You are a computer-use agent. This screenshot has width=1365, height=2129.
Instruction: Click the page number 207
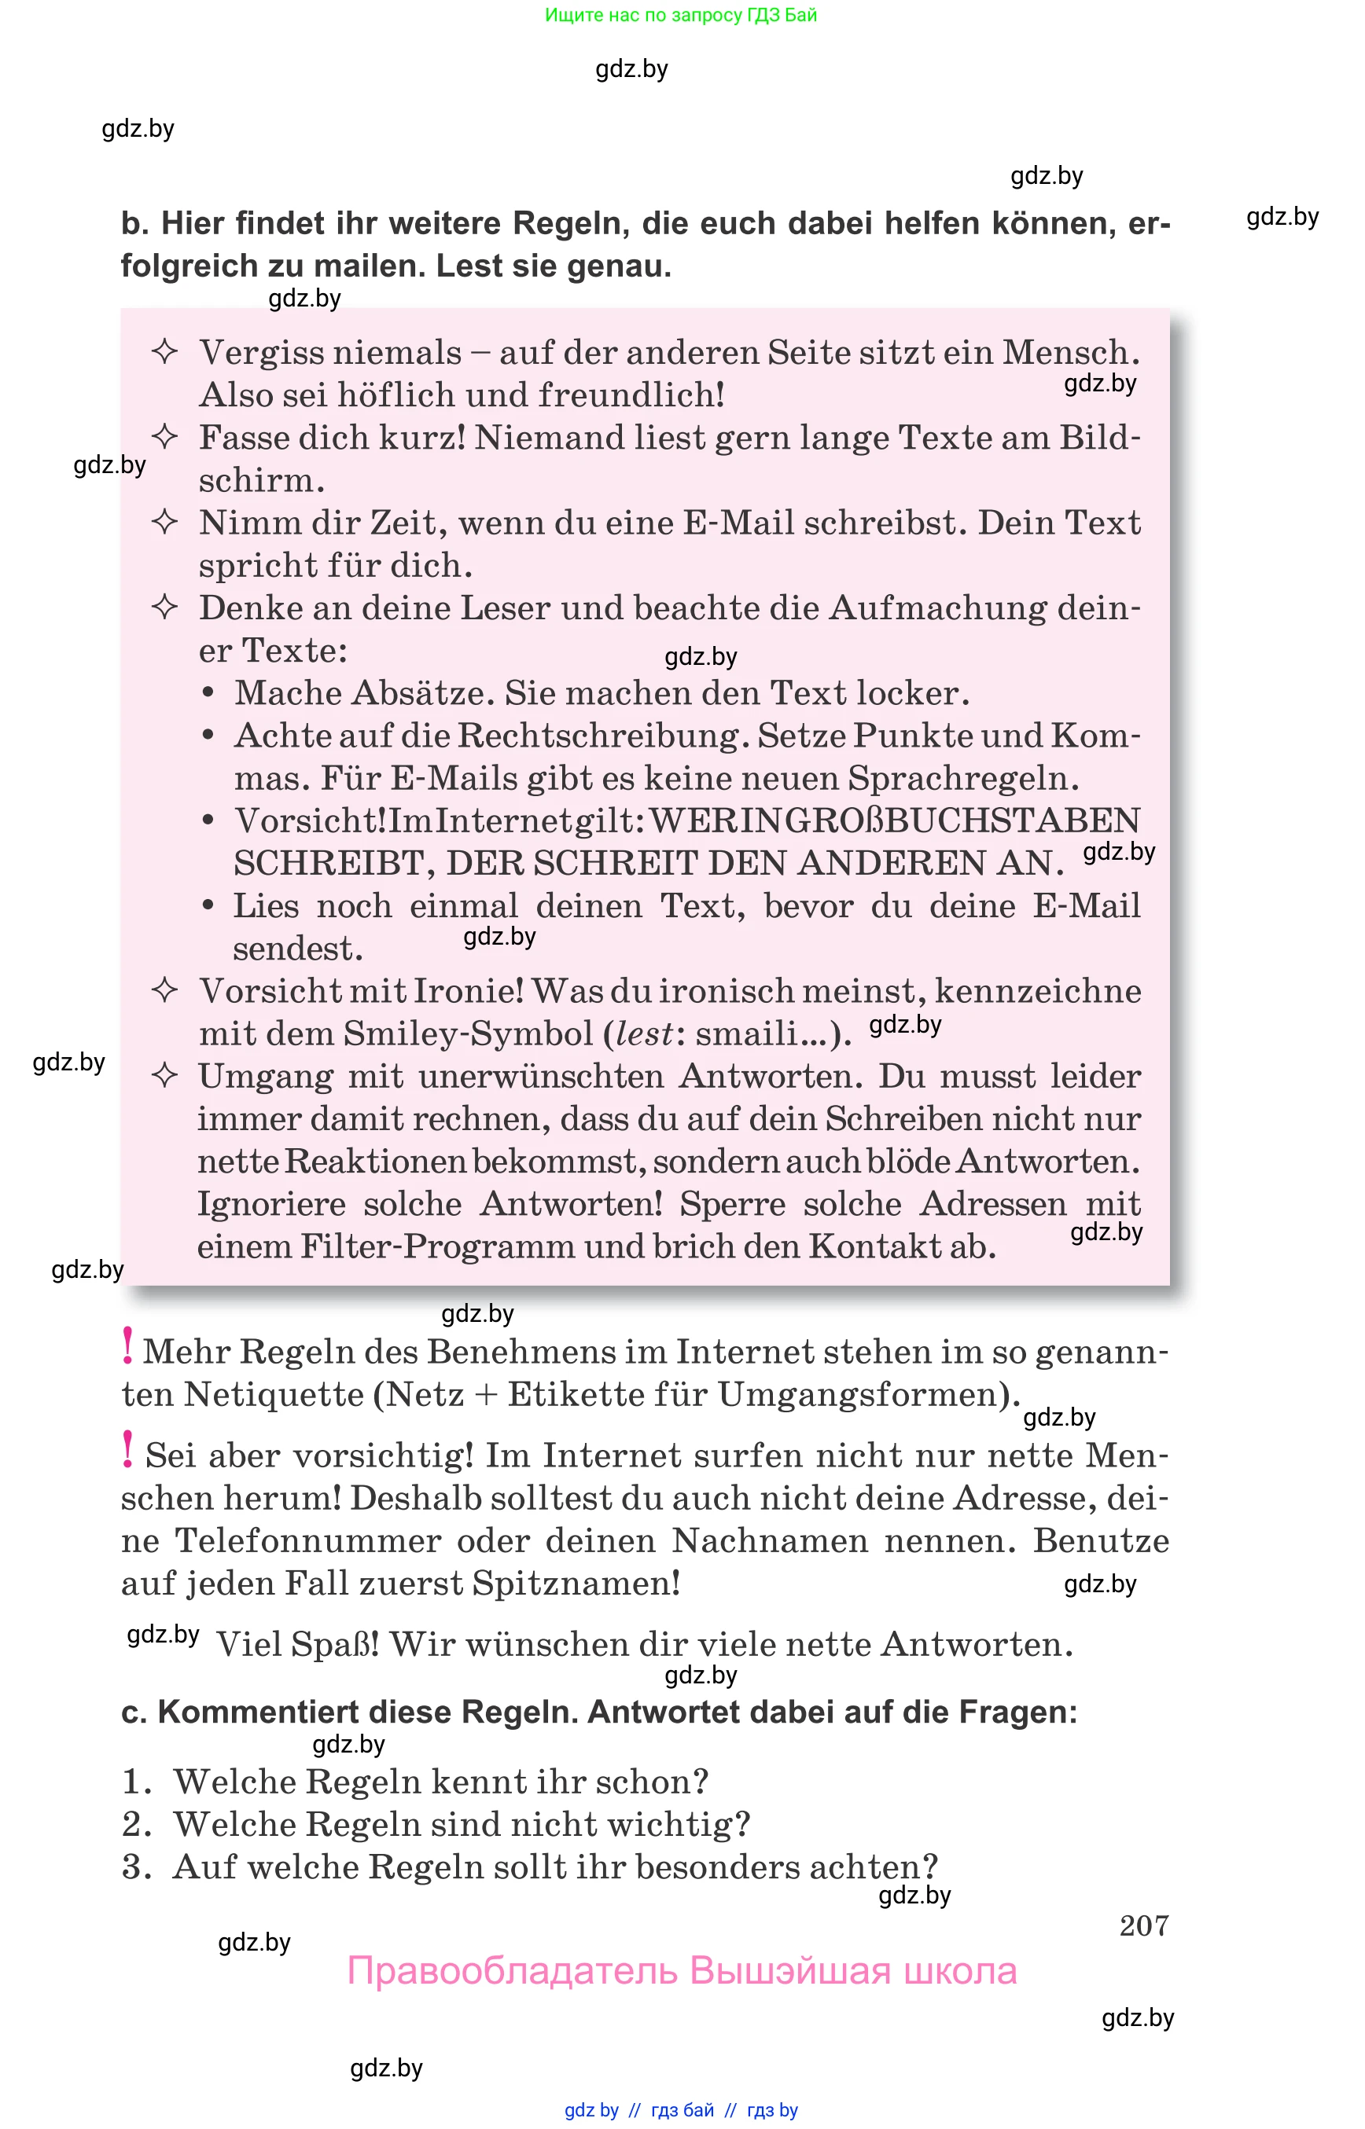point(1143,1925)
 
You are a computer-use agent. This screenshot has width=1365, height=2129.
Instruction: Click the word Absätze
point(422,693)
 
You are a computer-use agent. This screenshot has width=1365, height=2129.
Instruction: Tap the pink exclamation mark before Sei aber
point(127,1449)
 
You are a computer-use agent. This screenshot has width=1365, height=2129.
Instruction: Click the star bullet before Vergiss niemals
point(165,352)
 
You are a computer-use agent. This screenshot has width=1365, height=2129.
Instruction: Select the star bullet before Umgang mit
point(165,1076)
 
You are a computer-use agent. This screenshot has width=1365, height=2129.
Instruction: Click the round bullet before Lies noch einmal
point(208,905)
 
